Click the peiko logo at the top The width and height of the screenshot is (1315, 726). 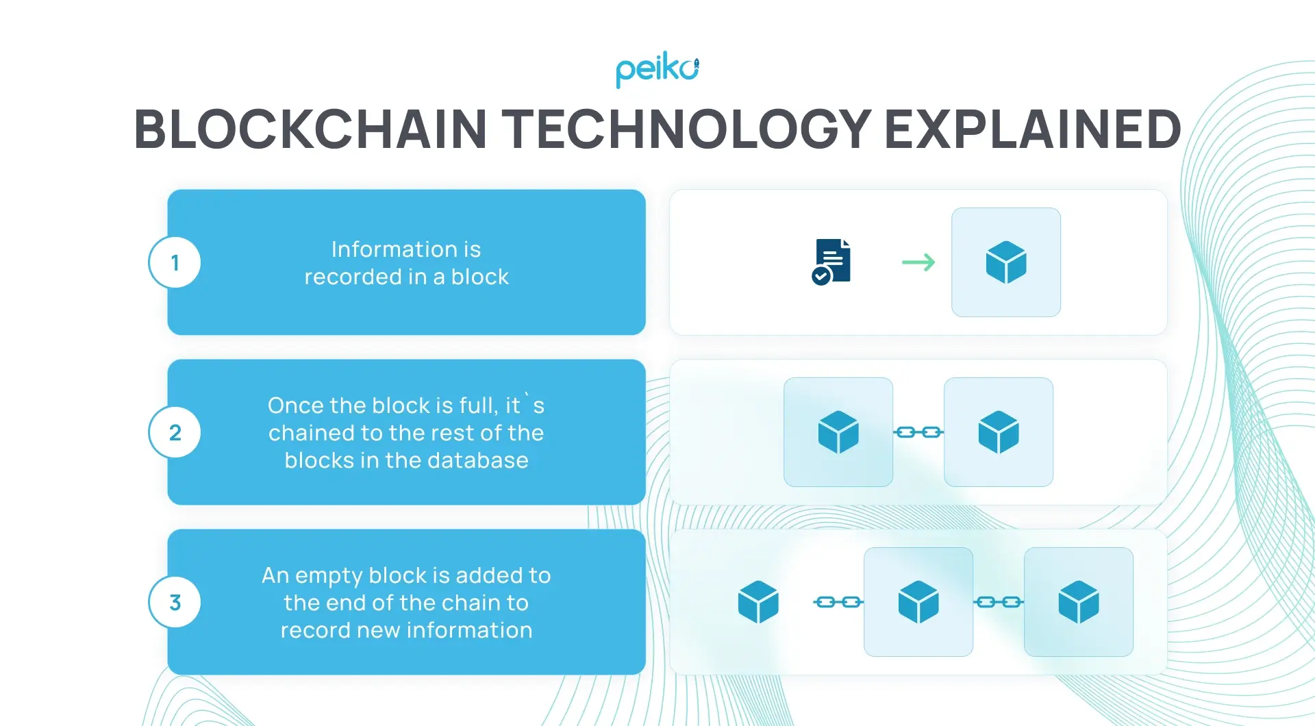(x=657, y=70)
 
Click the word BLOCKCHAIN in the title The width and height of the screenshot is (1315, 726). (x=310, y=129)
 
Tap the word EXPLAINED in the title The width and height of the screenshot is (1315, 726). (x=1033, y=129)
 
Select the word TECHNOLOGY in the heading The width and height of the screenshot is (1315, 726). (x=686, y=129)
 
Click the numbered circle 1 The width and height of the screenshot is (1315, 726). (x=175, y=262)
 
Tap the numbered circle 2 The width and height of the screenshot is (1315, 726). (x=175, y=432)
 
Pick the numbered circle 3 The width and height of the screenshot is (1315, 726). (x=175, y=602)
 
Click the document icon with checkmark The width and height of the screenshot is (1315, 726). (x=831, y=262)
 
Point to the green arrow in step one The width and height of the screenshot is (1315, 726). (x=918, y=262)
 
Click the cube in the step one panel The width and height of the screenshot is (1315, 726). (x=1005, y=262)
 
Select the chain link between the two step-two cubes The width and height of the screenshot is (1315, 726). (x=918, y=432)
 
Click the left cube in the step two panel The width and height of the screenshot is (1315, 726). (x=838, y=432)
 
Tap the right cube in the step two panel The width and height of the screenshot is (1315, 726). (x=999, y=432)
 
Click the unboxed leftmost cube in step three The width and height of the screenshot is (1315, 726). (x=758, y=602)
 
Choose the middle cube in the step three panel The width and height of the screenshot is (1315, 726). (x=918, y=602)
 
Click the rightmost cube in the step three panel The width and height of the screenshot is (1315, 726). (x=1079, y=602)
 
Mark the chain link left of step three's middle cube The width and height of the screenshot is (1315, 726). (x=838, y=602)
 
